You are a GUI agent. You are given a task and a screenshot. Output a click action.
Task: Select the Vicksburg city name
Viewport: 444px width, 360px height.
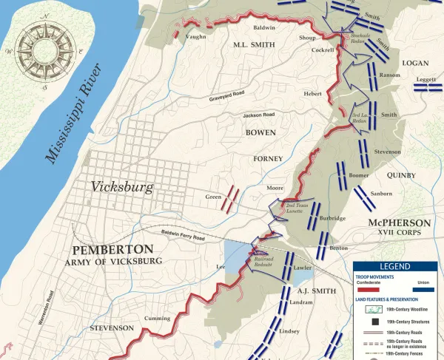click(122, 186)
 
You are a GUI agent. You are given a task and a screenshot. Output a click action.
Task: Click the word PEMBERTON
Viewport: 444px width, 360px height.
click(112, 249)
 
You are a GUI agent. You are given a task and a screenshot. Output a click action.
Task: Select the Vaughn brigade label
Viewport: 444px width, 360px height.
click(196, 35)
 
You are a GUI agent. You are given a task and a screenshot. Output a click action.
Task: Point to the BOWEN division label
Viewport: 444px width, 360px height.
click(260, 132)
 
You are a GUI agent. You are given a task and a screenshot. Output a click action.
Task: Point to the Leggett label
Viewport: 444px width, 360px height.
click(427, 78)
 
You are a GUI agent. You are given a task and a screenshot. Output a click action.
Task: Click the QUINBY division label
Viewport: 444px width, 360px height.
click(401, 175)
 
